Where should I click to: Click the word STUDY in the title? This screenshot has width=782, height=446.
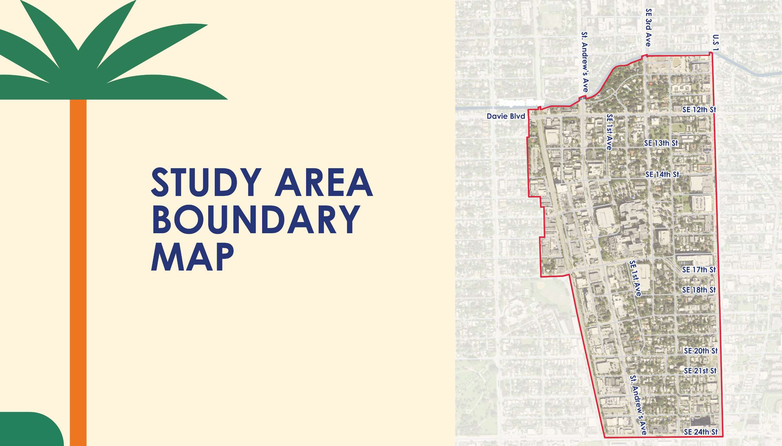206,183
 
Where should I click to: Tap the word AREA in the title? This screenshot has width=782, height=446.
323,183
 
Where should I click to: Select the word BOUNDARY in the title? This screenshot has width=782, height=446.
256,219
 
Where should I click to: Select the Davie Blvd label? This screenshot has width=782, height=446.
506,116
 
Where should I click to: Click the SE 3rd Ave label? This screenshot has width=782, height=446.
649,27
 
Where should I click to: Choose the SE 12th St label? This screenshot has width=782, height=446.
699,110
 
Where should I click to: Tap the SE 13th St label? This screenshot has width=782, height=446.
661,143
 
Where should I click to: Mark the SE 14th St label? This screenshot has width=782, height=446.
662,174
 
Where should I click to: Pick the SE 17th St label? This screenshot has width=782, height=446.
699,270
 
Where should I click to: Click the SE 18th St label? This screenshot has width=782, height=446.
699,290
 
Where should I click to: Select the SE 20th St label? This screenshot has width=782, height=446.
701,351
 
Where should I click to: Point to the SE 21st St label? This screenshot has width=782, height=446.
700,371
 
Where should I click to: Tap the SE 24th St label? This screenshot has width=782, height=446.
701,432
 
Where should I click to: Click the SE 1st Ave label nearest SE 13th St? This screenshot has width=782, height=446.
609,132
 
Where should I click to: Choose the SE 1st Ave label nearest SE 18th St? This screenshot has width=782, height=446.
635,278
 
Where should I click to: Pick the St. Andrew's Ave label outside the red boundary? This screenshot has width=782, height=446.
585,62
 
